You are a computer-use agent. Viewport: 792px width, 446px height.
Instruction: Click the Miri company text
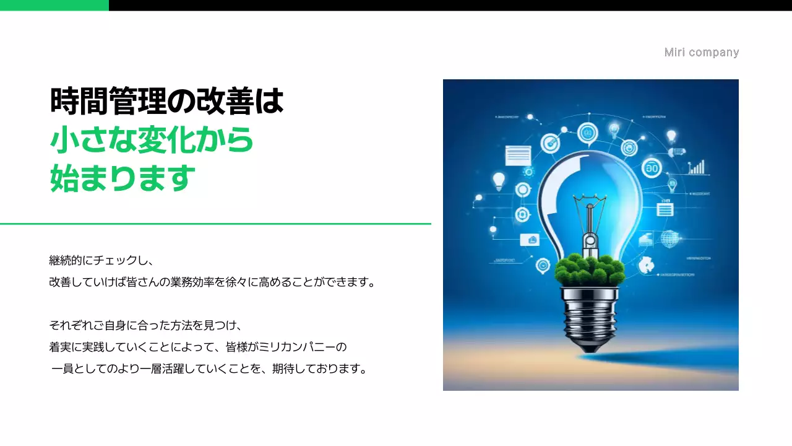(701, 53)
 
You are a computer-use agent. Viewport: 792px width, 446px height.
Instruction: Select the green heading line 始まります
(123, 178)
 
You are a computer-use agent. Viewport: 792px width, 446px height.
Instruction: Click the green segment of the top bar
(54, 5)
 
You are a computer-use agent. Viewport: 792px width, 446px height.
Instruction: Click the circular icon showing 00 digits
(652, 167)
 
